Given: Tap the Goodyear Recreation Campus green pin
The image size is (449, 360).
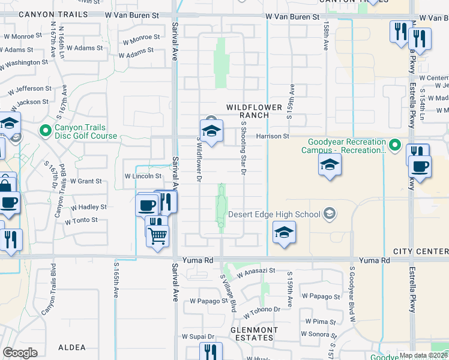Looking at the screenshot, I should click(x=394, y=145).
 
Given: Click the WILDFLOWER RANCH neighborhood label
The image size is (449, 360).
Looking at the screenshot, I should click(x=254, y=111).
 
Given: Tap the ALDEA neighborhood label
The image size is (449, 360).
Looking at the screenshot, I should click(x=72, y=347).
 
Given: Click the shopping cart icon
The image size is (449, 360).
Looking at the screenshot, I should click(x=157, y=235).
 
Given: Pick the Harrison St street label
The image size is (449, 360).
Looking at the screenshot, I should click(x=273, y=136).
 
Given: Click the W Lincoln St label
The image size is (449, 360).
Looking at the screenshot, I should click(x=143, y=176).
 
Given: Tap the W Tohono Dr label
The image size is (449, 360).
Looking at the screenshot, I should click(x=262, y=313).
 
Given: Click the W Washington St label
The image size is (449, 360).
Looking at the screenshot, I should click(x=24, y=62).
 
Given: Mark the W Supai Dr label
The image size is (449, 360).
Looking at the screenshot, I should click(x=199, y=337).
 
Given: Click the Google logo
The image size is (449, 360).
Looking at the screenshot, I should click(x=20, y=353).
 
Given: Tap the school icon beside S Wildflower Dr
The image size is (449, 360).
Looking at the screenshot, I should click(x=211, y=132).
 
